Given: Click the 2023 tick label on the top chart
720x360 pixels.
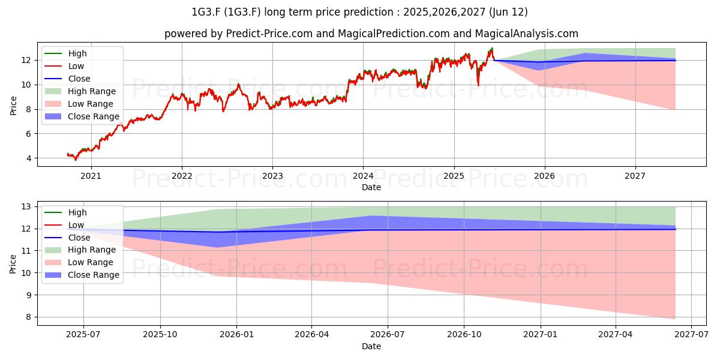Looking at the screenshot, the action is [x=272, y=176].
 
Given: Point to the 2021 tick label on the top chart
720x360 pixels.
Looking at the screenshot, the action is [x=91, y=176].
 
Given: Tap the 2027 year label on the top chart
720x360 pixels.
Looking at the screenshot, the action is [x=635, y=176].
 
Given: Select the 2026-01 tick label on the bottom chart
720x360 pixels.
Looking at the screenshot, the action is [x=236, y=335].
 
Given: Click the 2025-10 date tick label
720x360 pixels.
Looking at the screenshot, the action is [x=160, y=335].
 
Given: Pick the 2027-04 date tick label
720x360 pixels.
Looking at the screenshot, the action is [x=615, y=335].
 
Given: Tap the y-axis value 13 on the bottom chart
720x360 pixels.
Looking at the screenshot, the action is [x=26, y=206].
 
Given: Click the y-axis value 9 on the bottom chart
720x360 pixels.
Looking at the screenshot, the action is [x=29, y=295].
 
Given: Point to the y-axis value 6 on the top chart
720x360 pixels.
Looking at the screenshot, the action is [x=29, y=134].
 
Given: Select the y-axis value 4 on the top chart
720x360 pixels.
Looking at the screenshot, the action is [x=29, y=158].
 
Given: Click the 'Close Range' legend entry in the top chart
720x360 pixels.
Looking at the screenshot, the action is [x=82, y=116].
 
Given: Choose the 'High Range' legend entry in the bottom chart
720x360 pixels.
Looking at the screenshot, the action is [x=80, y=250].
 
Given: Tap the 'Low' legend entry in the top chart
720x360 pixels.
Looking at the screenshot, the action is [x=64, y=66].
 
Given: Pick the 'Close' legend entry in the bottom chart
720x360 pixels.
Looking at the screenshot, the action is [x=67, y=238].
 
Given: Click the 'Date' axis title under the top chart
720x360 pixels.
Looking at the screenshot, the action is [x=371, y=187].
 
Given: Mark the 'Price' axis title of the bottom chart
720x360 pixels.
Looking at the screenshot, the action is [x=13, y=264].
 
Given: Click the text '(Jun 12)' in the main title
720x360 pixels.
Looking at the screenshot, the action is [x=508, y=12].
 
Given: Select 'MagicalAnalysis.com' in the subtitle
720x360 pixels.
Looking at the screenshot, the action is [x=527, y=34].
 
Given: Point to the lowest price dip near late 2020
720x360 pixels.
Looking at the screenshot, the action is [x=76, y=160].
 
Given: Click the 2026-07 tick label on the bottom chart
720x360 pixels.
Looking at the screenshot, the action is [x=388, y=335].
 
